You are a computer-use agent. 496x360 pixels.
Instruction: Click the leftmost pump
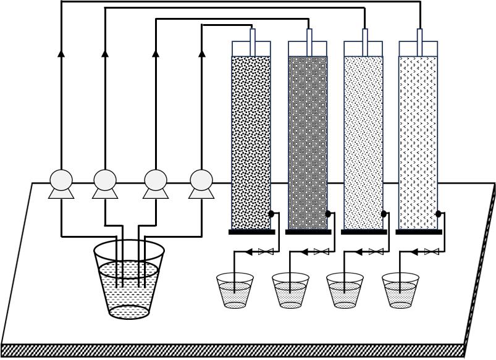[61, 183]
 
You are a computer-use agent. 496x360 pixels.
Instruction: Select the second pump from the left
[105, 183]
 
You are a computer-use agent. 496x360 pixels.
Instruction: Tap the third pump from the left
[156, 183]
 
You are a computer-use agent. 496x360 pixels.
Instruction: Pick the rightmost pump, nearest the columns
[201, 183]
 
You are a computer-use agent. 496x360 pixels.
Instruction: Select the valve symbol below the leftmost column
[266, 252]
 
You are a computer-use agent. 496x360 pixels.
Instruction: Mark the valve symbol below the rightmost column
[432, 252]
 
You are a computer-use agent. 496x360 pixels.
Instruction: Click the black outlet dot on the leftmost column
[271, 214]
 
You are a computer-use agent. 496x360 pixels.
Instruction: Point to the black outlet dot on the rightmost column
[439, 214]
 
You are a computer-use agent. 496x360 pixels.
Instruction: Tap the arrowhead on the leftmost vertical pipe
[61, 54]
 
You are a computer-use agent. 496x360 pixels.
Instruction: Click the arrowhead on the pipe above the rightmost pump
[201, 54]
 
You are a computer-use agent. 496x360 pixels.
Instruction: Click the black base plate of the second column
[308, 232]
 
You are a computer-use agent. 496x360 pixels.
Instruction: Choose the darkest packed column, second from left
[308, 142]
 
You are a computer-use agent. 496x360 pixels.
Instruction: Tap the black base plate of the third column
[363, 232]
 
